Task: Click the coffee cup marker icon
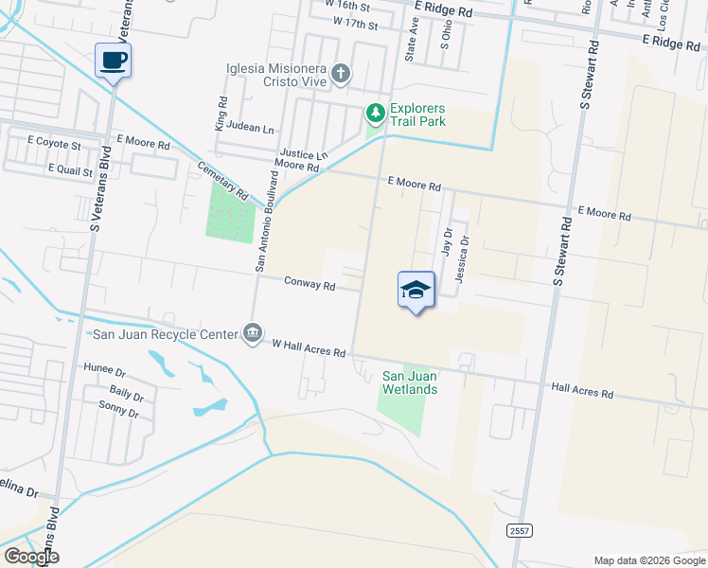[x=113, y=61]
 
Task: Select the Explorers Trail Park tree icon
[x=376, y=114]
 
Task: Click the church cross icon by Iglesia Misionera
[x=341, y=73]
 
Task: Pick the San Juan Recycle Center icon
[x=253, y=333]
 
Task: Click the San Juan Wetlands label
[x=409, y=382]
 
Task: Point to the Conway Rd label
[x=310, y=285]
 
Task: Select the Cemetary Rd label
[x=222, y=180]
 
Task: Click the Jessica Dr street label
[x=463, y=260]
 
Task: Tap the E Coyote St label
[x=54, y=146]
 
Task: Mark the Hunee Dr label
[x=104, y=373]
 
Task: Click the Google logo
[x=32, y=557]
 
